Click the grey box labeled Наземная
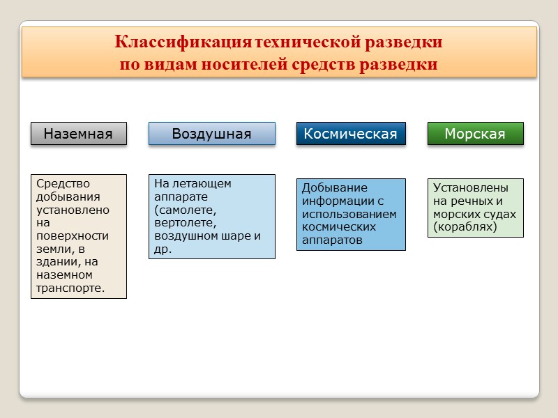pos(78,134)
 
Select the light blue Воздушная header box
pos(211,134)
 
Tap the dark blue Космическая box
pos(351,134)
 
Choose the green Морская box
pos(475,134)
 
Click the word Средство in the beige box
pos(63,184)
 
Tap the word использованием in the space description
pos(349,215)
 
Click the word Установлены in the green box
pos(470,188)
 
